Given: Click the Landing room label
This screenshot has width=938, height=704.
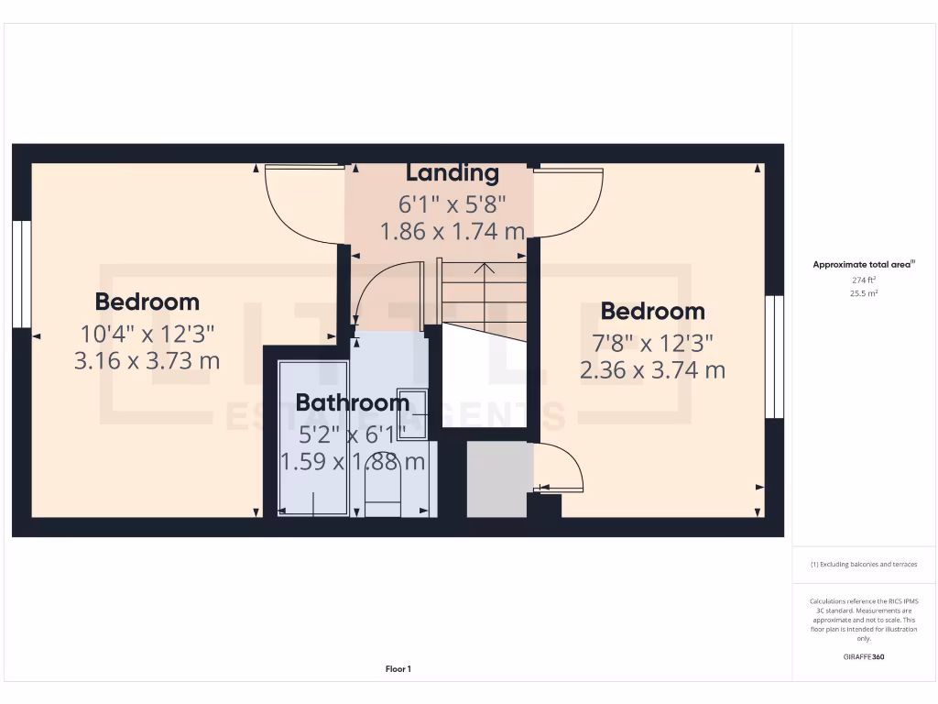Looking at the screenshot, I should [x=453, y=172].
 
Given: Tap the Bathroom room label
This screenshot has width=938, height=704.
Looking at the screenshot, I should [x=353, y=402].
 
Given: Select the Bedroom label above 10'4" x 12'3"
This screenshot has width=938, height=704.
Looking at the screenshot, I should [x=147, y=302].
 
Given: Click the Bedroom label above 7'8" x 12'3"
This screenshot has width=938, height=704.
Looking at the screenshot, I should [x=652, y=312].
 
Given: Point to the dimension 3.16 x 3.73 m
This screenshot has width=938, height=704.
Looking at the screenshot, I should [x=147, y=360].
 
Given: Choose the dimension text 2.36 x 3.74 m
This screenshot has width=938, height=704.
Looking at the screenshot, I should [x=652, y=370].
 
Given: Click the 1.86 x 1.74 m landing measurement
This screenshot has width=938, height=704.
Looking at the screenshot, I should [x=453, y=231].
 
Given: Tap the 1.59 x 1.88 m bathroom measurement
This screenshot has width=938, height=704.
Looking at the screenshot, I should [x=353, y=461].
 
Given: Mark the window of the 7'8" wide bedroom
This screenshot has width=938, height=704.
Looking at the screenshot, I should [x=776, y=357].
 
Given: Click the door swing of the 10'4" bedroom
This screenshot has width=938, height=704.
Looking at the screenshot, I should [x=293, y=197].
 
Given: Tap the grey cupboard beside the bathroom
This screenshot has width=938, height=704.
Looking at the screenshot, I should [x=497, y=479].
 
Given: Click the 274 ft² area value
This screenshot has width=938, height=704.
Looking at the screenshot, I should [x=865, y=280].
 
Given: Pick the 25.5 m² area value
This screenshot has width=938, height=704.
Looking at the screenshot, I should [x=865, y=293].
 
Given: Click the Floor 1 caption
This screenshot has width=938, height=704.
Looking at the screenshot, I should [x=398, y=669].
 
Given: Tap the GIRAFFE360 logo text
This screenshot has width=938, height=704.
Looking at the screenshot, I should [x=865, y=657].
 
